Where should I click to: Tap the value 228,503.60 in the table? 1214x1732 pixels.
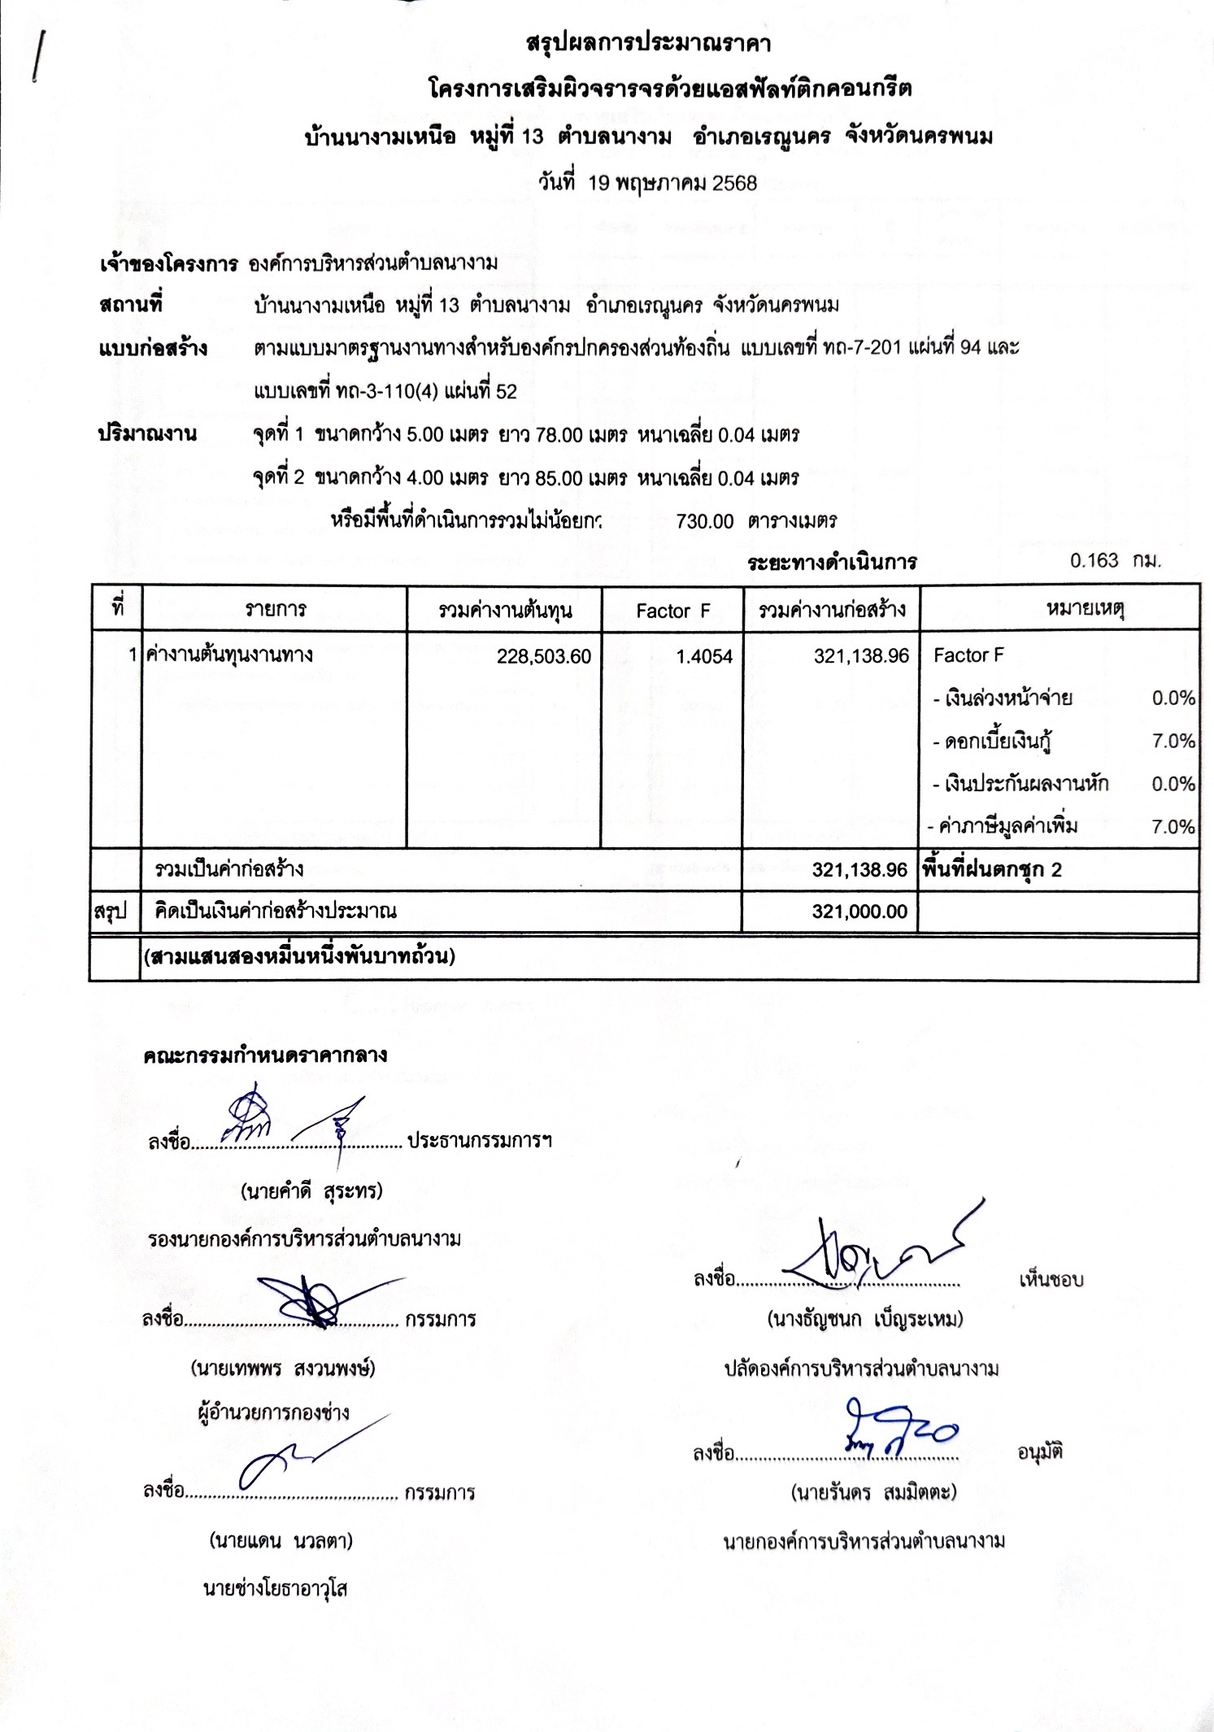(544, 657)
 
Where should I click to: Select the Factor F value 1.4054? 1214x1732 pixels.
(704, 657)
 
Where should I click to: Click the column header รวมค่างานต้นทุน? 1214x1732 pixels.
(504, 611)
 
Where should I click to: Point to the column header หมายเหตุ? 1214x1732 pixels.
(1085, 608)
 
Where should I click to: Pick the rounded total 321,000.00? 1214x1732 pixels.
(859, 912)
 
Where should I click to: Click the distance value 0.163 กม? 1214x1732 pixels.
(1115, 561)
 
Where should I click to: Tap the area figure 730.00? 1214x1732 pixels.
(704, 521)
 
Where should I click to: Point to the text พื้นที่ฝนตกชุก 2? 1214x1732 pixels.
(991, 870)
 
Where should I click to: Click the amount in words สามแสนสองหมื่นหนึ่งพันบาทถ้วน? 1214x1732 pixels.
(299, 957)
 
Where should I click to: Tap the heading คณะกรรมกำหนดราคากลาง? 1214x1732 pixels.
(265, 1055)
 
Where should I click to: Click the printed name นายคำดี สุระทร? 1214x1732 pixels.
(311, 1191)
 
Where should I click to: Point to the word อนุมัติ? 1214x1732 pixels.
(1040, 1451)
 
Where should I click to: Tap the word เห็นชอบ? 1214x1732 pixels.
(1051, 1280)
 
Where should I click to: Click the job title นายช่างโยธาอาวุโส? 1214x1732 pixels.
(275, 1588)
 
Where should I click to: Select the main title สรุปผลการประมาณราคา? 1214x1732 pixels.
(648, 44)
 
